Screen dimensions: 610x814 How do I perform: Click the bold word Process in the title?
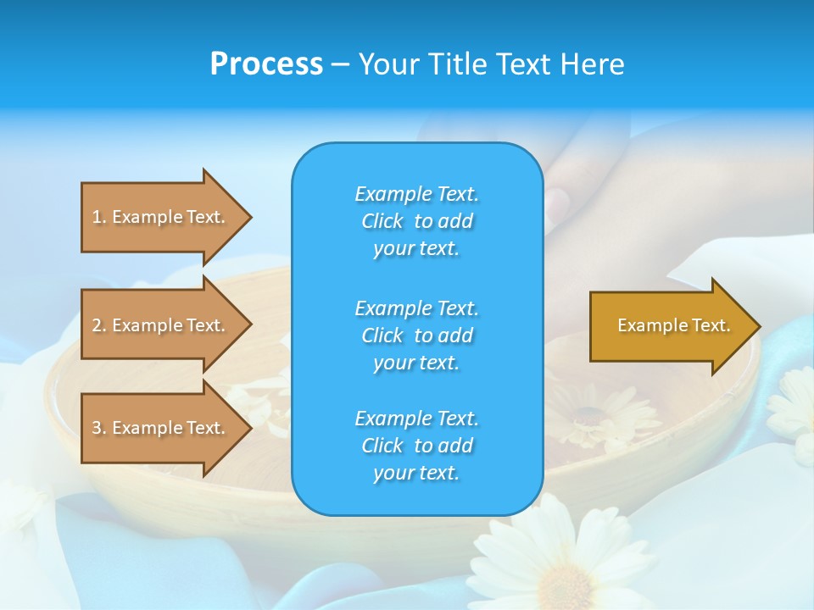click(266, 64)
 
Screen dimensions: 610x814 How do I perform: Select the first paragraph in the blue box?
click(416, 221)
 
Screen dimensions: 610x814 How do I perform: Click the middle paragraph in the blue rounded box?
click(416, 335)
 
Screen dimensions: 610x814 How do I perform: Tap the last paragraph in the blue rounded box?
click(416, 445)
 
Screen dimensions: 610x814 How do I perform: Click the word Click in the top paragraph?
click(382, 221)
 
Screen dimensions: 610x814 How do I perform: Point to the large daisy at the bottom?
click(560, 559)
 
